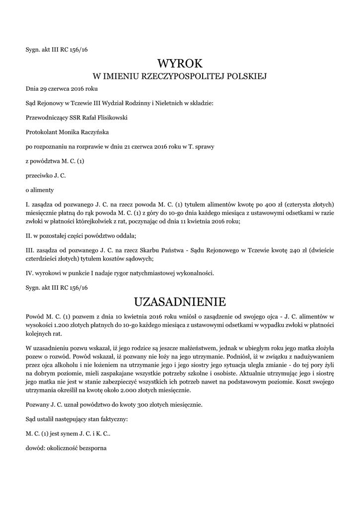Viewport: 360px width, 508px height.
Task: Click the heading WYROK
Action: (x=180, y=63)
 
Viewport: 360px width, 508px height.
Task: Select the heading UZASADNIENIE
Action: (x=180, y=302)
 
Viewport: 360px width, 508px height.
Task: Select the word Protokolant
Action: (x=41, y=132)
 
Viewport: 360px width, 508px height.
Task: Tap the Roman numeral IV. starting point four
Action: (x=29, y=273)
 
